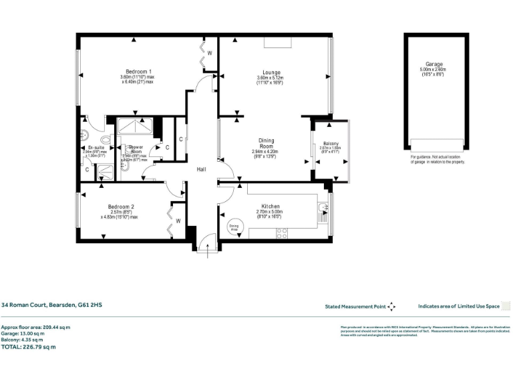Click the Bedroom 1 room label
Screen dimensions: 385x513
(x=140, y=72)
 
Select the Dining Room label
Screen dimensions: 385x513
(x=267, y=144)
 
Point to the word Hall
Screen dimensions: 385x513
(x=200, y=170)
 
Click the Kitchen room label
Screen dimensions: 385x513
(x=270, y=207)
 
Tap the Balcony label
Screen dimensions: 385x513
(x=331, y=144)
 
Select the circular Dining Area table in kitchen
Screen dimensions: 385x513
(x=234, y=227)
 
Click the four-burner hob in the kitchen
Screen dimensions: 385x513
(x=282, y=233)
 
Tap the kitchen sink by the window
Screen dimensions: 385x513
(x=323, y=210)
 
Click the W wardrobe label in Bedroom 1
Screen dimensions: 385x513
(x=209, y=53)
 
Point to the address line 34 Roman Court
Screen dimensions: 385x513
(x=51, y=305)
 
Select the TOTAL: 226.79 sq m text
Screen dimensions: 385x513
(x=28, y=346)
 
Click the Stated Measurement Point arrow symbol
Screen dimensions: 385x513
(x=391, y=307)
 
